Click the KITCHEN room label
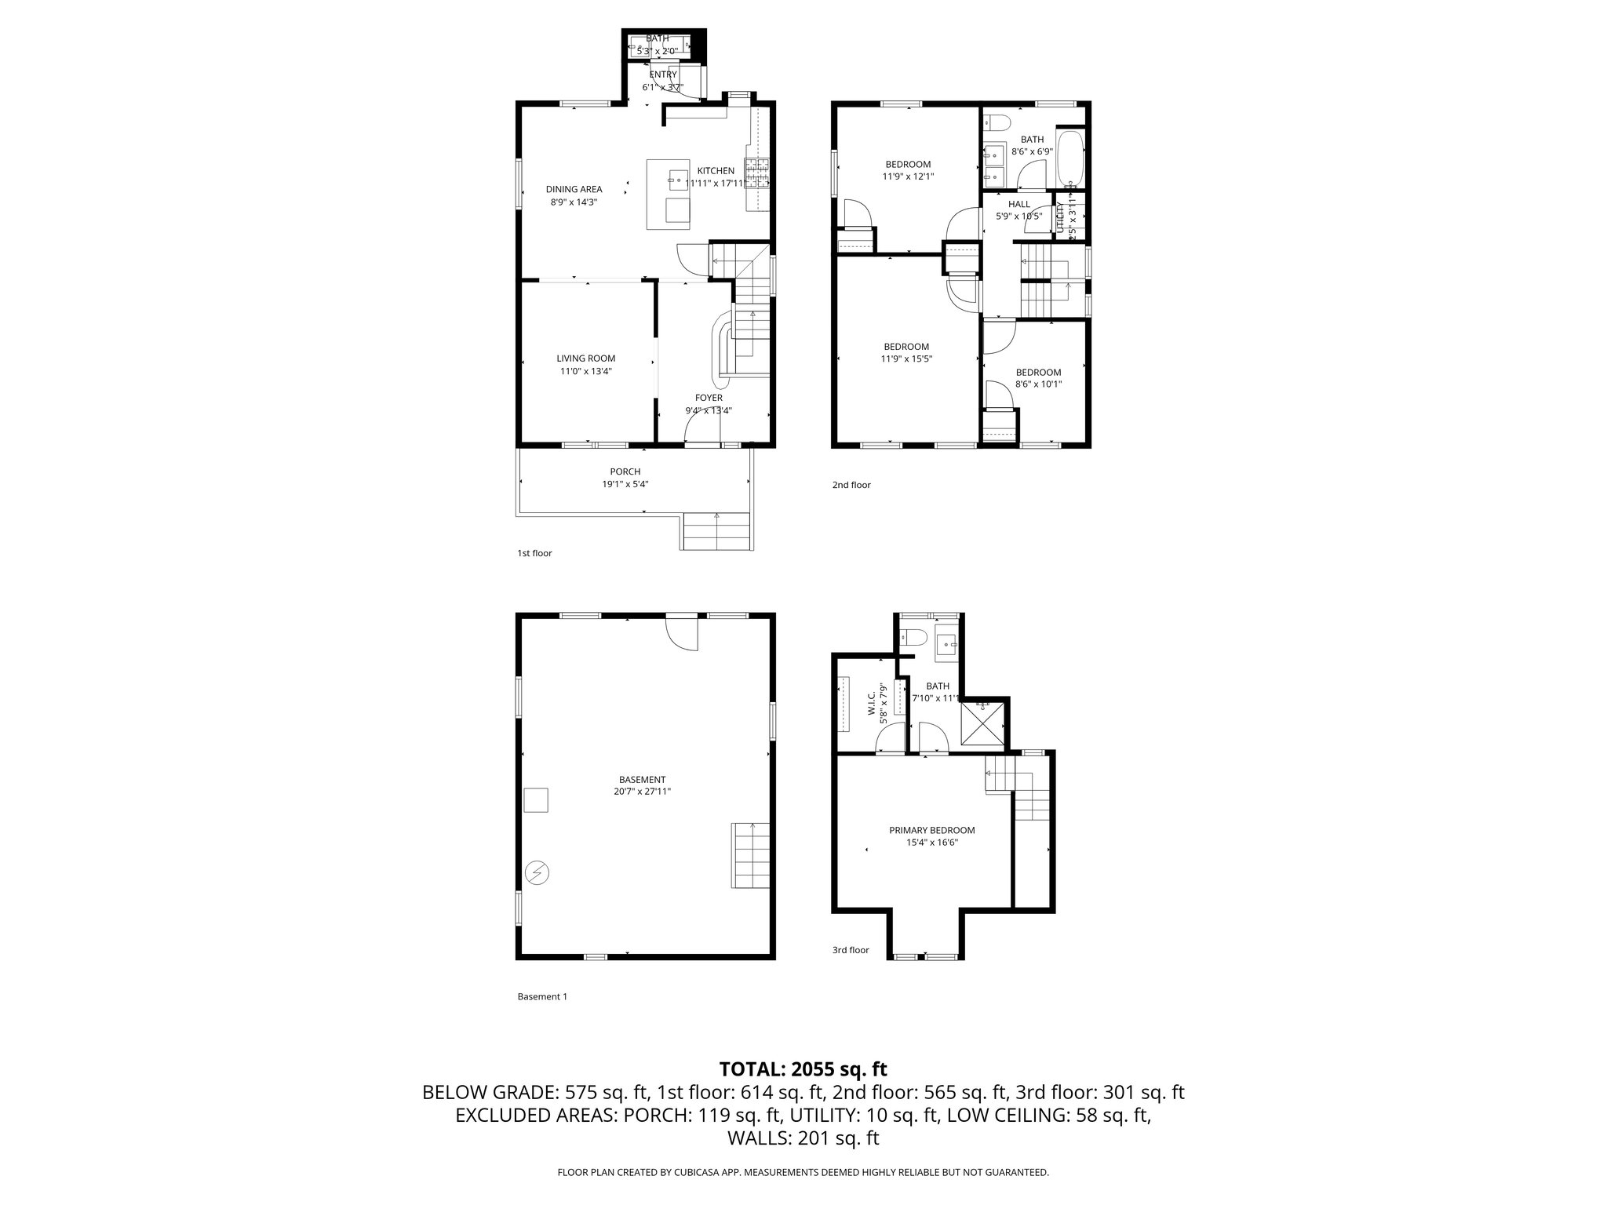coord(716,171)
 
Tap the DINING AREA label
coord(574,189)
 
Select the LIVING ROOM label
coord(585,359)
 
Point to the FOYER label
coord(709,398)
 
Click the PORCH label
coord(625,471)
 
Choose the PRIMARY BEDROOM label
coord(931,830)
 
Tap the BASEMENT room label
coord(642,779)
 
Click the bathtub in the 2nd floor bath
coord(1070,157)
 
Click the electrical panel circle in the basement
coord(537,872)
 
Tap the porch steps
coord(717,531)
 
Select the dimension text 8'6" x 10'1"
coord(1038,384)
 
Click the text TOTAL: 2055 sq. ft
coord(803,1068)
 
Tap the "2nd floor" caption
coord(851,485)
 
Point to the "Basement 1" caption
coord(541,996)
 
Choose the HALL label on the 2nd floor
coord(1018,204)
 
